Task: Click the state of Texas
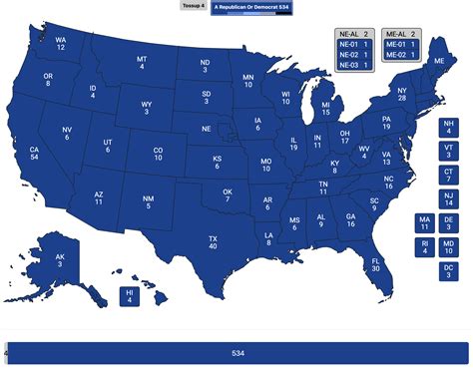pyautogui.click(x=212, y=243)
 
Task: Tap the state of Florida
pyautogui.click(x=375, y=264)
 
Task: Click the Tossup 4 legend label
pyautogui.click(x=194, y=5)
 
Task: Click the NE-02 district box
pyautogui.click(x=352, y=54)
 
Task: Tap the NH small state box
pyautogui.click(x=448, y=127)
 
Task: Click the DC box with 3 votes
pyautogui.click(x=448, y=270)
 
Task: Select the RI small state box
pyautogui.click(x=425, y=246)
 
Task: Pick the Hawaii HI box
pyautogui.click(x=130, y=296)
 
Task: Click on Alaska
pyautogui.click(x=60, y=259)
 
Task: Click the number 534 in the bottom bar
pyautogui.click(x=237, y=353)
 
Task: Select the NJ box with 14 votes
pyautogui.click(x=448, y=198)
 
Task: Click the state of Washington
pyautogui.click(x=61, y=44)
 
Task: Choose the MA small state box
pyautogui.click(x=425, y=222)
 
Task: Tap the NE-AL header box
pyautogui.click(x=352, y=34)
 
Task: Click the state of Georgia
pyautogui.click(x=350, y=220)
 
